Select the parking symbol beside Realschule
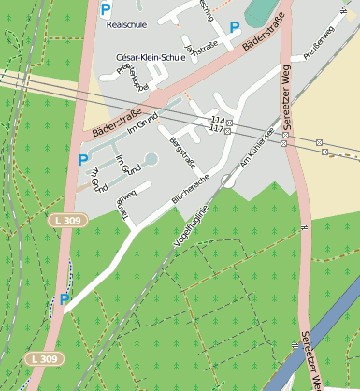point(106,10)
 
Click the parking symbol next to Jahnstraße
point(237,27)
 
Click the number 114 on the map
point(217,121)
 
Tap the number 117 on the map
point(217,129)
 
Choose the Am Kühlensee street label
point(256,147)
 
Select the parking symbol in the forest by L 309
point(65,299)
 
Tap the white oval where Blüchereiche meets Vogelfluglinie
point(227,181)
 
